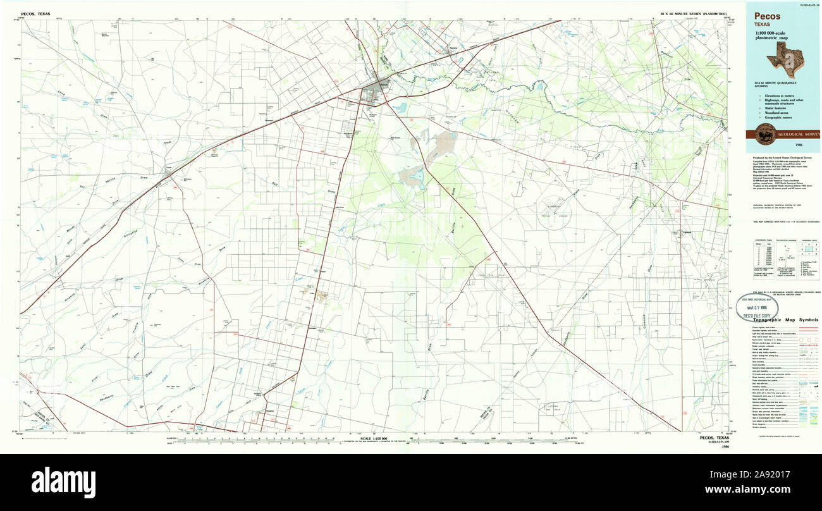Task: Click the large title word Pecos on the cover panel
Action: pyautogui.click(x=766, y=16)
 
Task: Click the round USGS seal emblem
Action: pyautogui.click(x=765, y=133)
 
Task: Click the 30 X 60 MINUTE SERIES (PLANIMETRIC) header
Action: pyautogui.click(x=694, y=13)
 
